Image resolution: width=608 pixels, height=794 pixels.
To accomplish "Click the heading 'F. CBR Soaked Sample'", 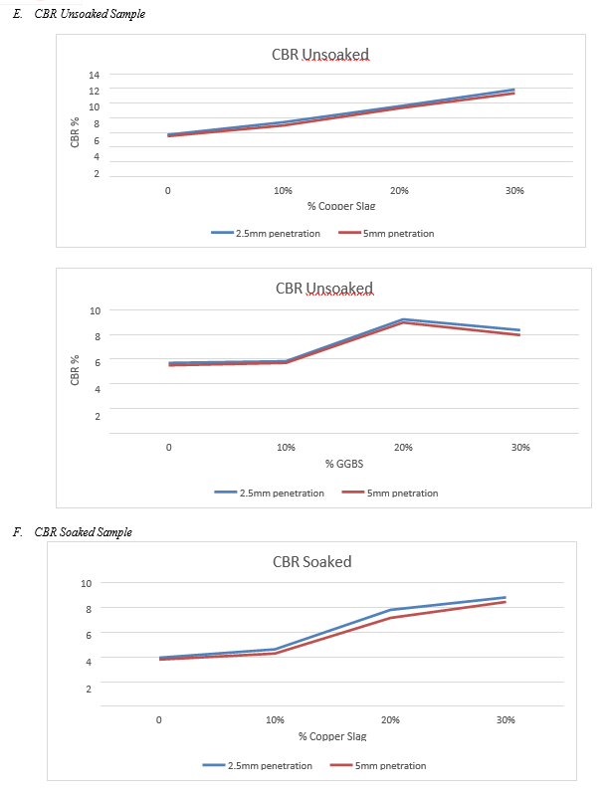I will [82, 532].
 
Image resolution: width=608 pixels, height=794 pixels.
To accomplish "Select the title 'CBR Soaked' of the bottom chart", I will [311, 562].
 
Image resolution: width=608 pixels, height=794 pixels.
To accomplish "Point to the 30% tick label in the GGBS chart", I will [520, 448].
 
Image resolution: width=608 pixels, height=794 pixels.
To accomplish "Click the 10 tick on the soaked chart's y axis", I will [88, 582].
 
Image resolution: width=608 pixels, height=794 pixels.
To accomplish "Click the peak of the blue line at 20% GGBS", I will [404, 319].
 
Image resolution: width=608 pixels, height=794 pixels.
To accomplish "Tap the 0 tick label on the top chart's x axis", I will [168, 190].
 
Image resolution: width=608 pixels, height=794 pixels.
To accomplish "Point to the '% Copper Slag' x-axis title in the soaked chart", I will [332, 736].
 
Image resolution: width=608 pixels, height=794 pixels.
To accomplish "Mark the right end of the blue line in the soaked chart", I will [506, 597].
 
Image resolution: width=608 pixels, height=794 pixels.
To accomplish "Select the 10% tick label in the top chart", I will [283, 190].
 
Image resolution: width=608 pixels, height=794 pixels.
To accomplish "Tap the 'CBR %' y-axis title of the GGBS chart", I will [75, 368].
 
